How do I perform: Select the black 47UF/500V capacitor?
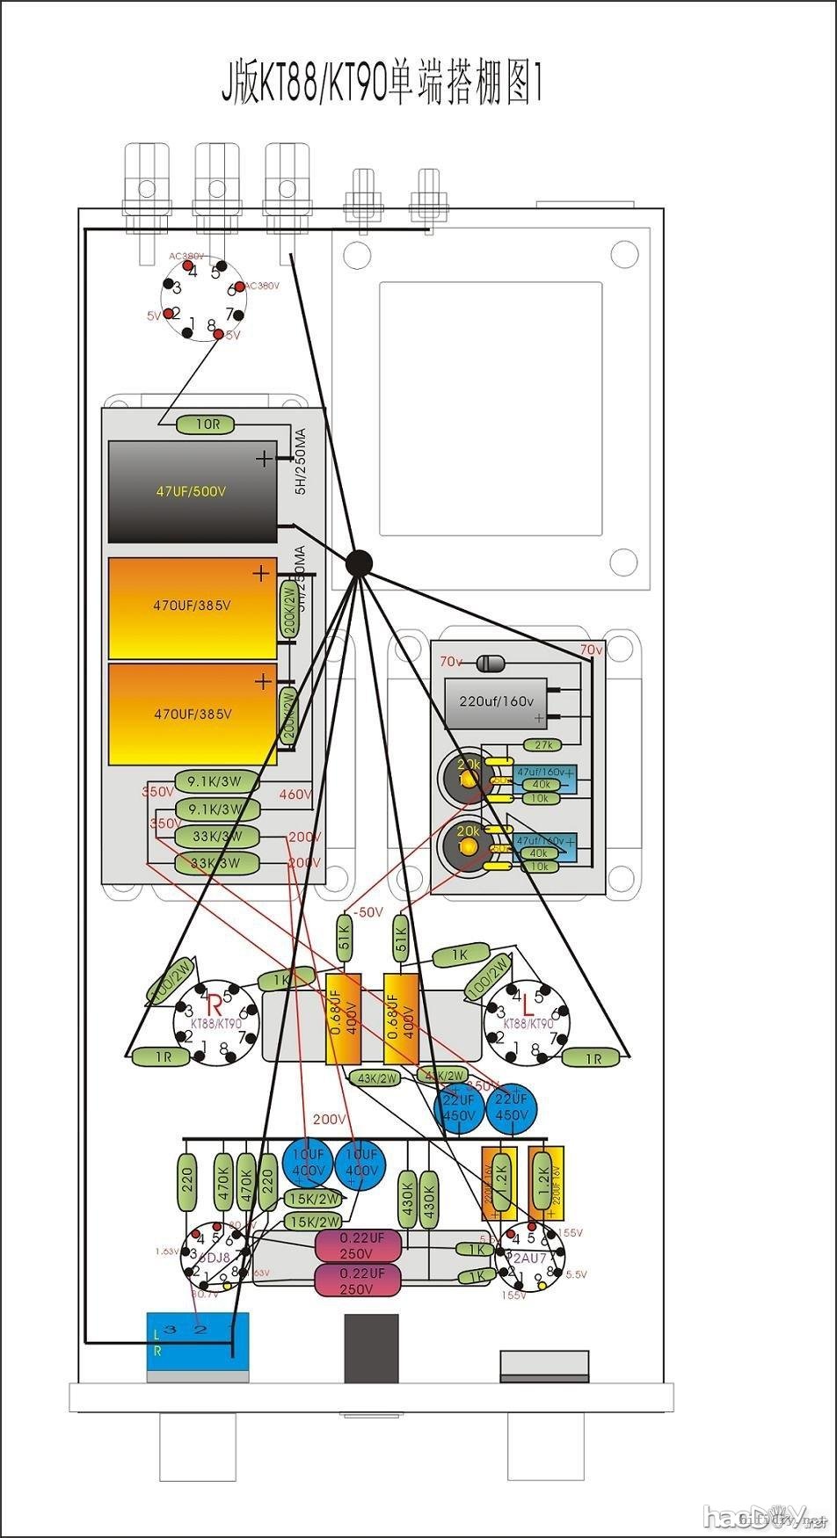click(192, 491)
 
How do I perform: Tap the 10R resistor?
click(207, 424)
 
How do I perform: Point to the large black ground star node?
click(359, 562)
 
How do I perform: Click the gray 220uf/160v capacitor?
click(497, 701)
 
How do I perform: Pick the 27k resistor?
click(542, 745)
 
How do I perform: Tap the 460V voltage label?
click(295, 794)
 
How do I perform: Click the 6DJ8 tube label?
click(214, 1257)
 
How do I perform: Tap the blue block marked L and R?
click(197, 1342)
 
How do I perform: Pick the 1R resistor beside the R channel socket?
click(164, 1057)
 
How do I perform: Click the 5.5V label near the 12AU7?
click(576, 1273)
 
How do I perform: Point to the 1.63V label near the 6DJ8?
click(166, 1251)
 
